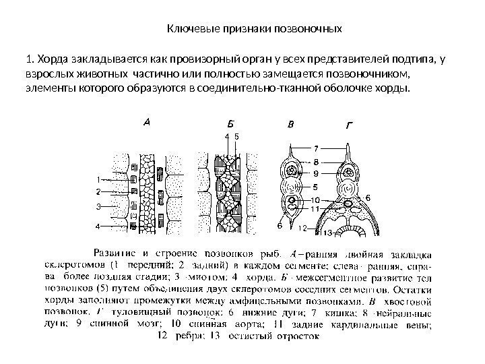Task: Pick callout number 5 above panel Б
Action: pyautogui.click(x=236, y=135)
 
